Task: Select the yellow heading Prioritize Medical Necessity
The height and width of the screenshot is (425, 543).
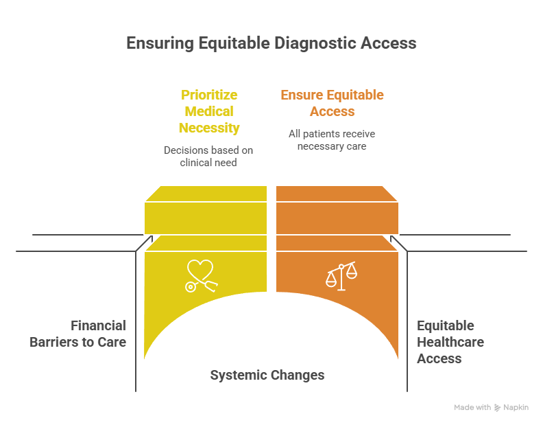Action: [x=209, y=111]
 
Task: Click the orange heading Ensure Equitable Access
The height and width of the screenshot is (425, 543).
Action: [x=332, y=103]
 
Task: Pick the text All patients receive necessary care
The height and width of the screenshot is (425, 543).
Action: [x=331, y=139]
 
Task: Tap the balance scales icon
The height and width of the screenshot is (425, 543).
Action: [x=341, y=275]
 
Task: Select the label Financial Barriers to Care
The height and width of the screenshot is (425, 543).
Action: [x=77, y=333]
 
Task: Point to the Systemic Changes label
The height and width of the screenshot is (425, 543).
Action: [x=267, y=375]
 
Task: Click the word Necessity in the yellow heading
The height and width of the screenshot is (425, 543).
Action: [x=209, y=128]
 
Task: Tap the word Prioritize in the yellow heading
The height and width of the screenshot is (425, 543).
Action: [x=209, y=95]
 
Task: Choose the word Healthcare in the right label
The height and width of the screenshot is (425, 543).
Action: [x=450, y=342]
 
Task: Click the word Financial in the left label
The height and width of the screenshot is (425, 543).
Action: [x=98, y=325]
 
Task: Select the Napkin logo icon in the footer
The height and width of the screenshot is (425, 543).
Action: [x=498, y=408]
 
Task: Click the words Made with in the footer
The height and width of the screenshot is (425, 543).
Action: [x=472, y=408]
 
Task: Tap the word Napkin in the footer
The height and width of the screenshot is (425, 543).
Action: [x=516, y=408]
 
